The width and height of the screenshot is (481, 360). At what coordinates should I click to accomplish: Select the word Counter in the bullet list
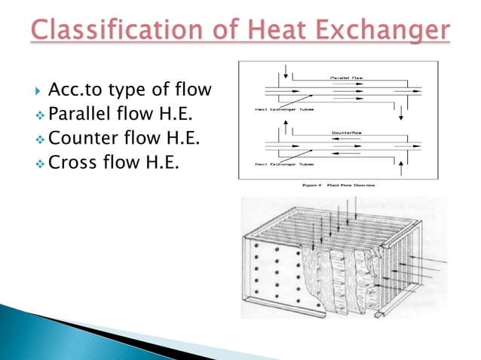click(84, 138)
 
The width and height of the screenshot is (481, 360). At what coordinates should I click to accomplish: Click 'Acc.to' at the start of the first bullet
click(72, 92)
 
